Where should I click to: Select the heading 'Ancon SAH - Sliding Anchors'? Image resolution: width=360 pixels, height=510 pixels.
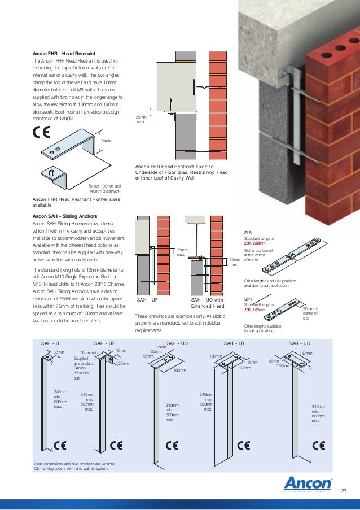click(x=65, y=216)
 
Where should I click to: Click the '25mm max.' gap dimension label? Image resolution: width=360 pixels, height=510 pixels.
click(x=142, y=119)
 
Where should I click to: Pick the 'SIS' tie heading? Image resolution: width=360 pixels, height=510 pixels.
click(x=248, y=233)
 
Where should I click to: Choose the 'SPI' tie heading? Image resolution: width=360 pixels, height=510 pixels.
click(x=248, y=299)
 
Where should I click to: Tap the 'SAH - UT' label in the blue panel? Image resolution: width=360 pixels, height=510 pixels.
click(x=234, y=343)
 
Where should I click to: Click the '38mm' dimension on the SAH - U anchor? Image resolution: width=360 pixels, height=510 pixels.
click(x=58, y=352)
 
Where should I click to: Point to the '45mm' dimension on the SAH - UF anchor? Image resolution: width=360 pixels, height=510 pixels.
click(x=120, y=351)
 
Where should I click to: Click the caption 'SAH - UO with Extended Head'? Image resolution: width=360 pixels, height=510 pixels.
click(x=208, y=303)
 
